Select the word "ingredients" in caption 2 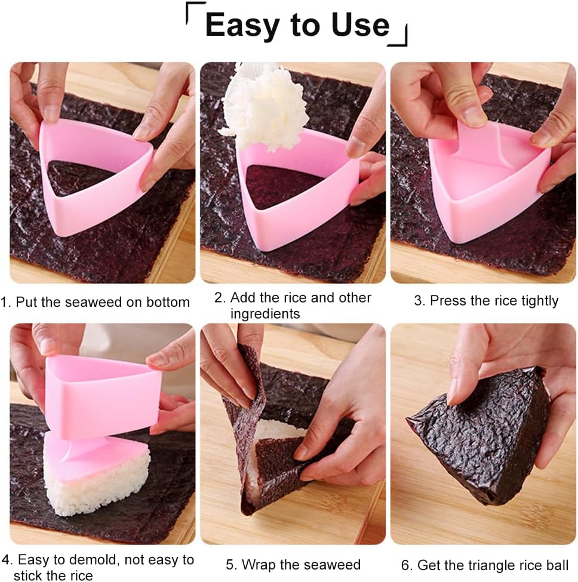click(265, 313)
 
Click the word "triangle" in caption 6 click(489, 565)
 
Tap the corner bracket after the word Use click(399, 37)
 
